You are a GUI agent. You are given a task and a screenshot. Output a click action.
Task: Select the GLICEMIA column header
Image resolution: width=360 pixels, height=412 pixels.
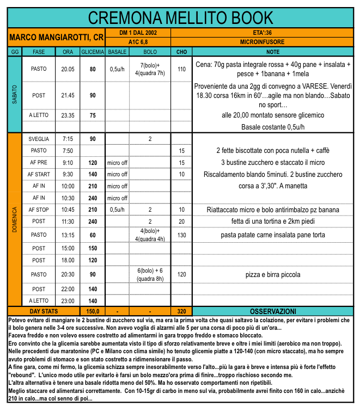click(x=93, y=52)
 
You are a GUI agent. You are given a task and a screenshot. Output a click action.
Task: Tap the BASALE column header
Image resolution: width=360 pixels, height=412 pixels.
click(x=118, y=52)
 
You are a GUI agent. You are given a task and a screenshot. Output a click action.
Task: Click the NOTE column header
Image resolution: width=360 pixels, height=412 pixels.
click(x=273, y=52)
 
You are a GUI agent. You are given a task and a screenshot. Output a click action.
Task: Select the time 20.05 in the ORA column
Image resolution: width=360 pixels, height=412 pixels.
click(x=68, y=69)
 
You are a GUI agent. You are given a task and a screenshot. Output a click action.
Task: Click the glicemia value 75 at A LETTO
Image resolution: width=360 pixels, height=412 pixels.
click(x=93, y=115)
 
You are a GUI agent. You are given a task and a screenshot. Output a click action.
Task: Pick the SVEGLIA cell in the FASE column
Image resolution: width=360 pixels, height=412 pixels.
click(x=39, y=139)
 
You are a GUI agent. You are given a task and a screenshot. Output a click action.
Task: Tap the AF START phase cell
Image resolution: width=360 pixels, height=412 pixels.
click(x=39, y=174)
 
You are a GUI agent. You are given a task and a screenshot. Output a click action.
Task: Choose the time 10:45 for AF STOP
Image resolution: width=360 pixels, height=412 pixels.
click(x=68, y=210)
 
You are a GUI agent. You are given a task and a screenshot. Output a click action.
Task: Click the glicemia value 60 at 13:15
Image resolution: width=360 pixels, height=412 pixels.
click(x=93, y=235)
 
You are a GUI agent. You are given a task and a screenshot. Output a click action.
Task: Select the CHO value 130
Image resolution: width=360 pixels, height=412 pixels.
click(x=181, y=235)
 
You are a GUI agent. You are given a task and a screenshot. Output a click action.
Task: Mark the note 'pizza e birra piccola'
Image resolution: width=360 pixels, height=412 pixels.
click(x=273, y=274)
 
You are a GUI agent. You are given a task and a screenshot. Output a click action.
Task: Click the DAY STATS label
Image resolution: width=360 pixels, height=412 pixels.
click(x=44, y=311)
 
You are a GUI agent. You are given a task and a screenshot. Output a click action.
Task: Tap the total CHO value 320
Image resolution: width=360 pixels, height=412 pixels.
click(x=181, y=311)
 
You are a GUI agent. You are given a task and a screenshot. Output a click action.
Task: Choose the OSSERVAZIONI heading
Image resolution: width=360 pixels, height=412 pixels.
click(x=273, y=311)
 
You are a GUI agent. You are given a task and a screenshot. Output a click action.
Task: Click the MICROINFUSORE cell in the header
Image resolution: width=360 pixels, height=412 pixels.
click(x=263, y=41)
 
